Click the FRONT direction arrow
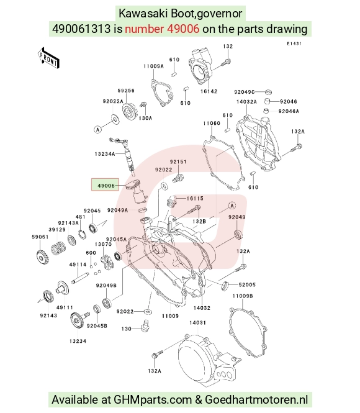tap(48, 58)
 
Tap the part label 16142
tap(209, 91)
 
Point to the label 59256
tap(126, 90)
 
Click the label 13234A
tap(105, 154)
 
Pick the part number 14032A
tap(246, 102)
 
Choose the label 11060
tap(212, 123)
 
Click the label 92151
tap(178, 161)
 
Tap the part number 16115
tap(195, 198)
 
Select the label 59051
tap(40, 237)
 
